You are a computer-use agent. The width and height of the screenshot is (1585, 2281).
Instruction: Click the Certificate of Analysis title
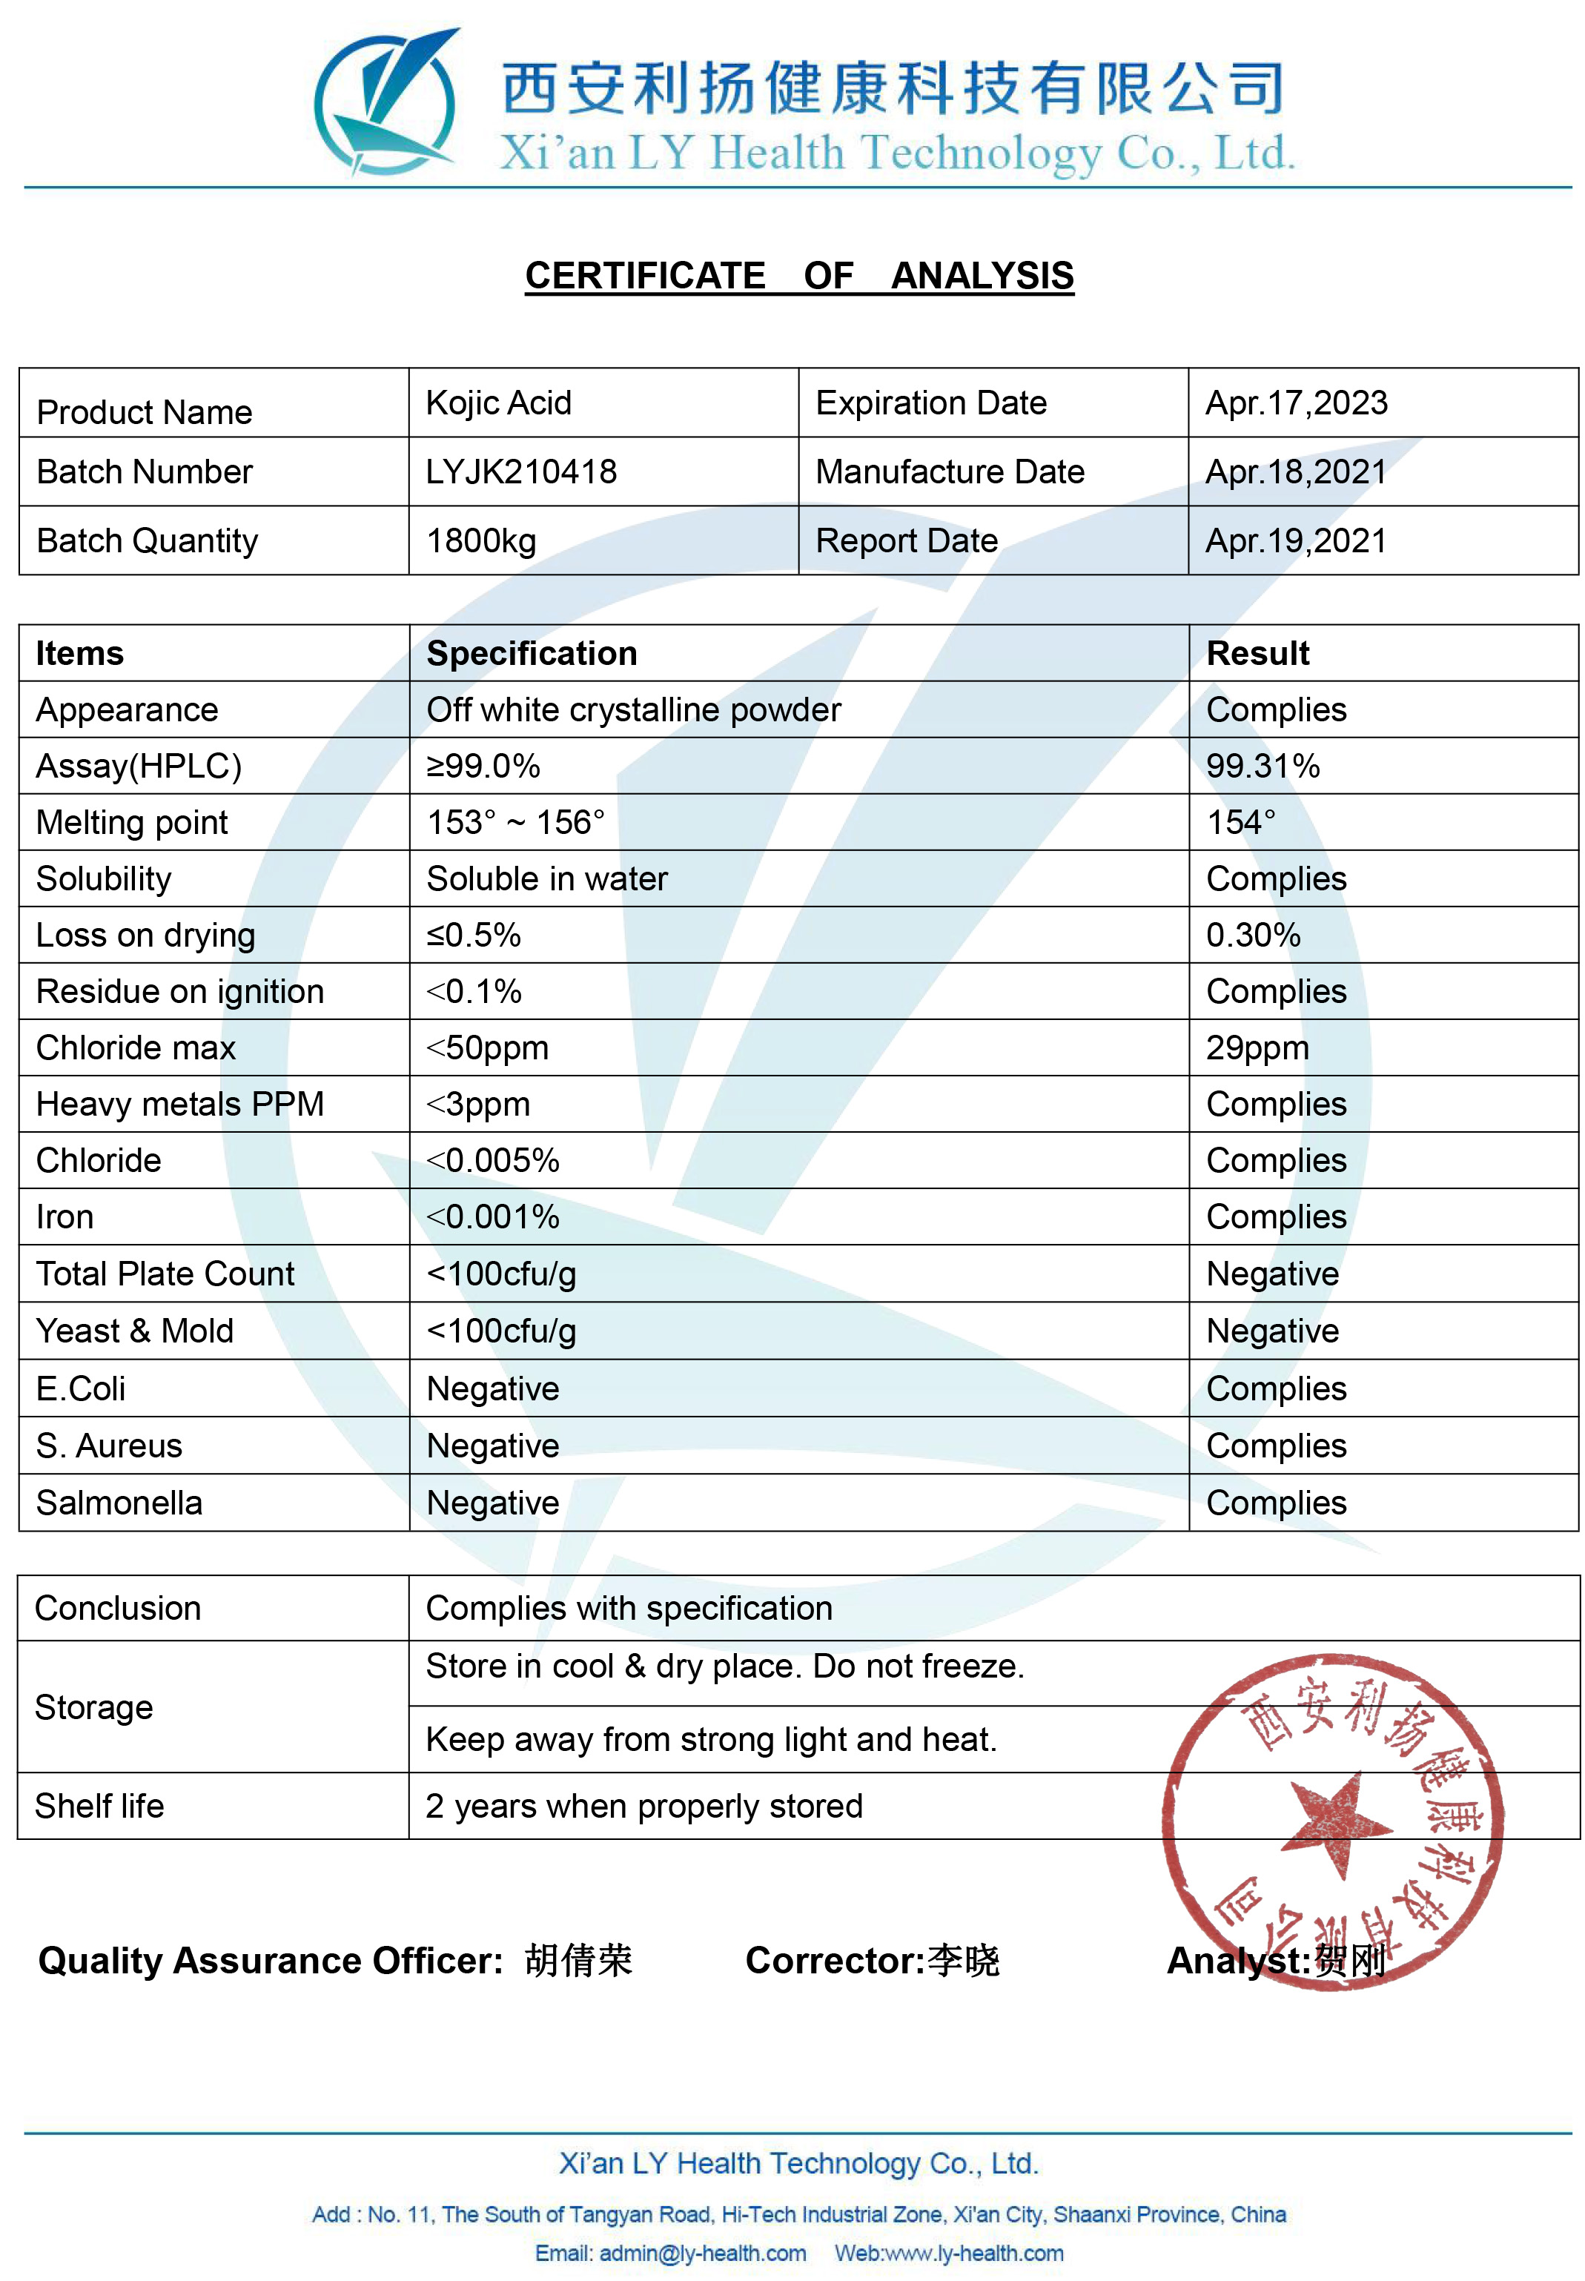click(798, 275)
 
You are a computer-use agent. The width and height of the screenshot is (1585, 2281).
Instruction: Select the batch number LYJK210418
click(521, 471)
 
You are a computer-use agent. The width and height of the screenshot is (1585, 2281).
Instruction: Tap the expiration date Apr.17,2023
click(1296, 403)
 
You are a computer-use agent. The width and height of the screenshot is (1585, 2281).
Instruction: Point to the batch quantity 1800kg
click(482, 541)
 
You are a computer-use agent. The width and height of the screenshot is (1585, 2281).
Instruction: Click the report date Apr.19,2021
click(1295, 541)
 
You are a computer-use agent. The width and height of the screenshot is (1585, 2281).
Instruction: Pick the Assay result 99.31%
click(1263, 766)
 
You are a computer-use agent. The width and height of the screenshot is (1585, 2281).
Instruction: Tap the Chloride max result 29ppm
click(1257, 1047)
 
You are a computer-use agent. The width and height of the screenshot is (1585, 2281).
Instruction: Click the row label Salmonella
click(119, 1503)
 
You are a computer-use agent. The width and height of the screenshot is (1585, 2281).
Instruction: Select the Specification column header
click(532, 653)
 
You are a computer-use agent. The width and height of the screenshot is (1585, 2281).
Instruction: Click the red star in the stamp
click(1337, 1823)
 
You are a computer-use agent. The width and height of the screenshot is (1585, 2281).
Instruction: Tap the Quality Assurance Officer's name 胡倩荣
click(579, 1959)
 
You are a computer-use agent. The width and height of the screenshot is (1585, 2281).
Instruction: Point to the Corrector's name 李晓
click(963, 1959)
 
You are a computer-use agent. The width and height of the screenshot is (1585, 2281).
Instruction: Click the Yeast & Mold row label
click(135, 1331)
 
